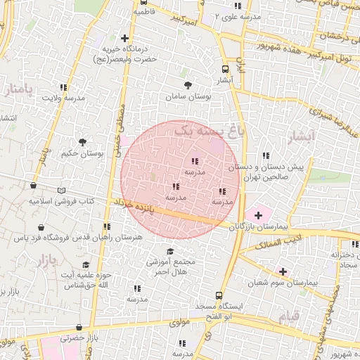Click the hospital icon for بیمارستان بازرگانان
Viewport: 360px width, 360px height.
coord(258,214)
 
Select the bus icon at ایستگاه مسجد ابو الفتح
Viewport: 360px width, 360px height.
coord(219,295)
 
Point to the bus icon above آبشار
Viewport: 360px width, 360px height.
coord(225,69)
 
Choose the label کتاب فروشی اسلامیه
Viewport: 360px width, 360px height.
coord(61,201)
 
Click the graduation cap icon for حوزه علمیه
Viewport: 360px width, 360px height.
coord(86,264)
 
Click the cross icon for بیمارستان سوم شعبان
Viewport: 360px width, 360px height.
coord(283,271)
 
